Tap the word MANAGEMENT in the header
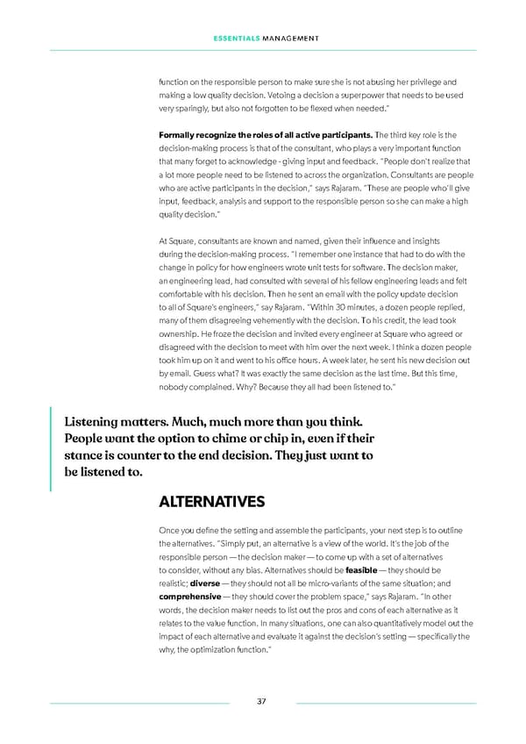point(290,37)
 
